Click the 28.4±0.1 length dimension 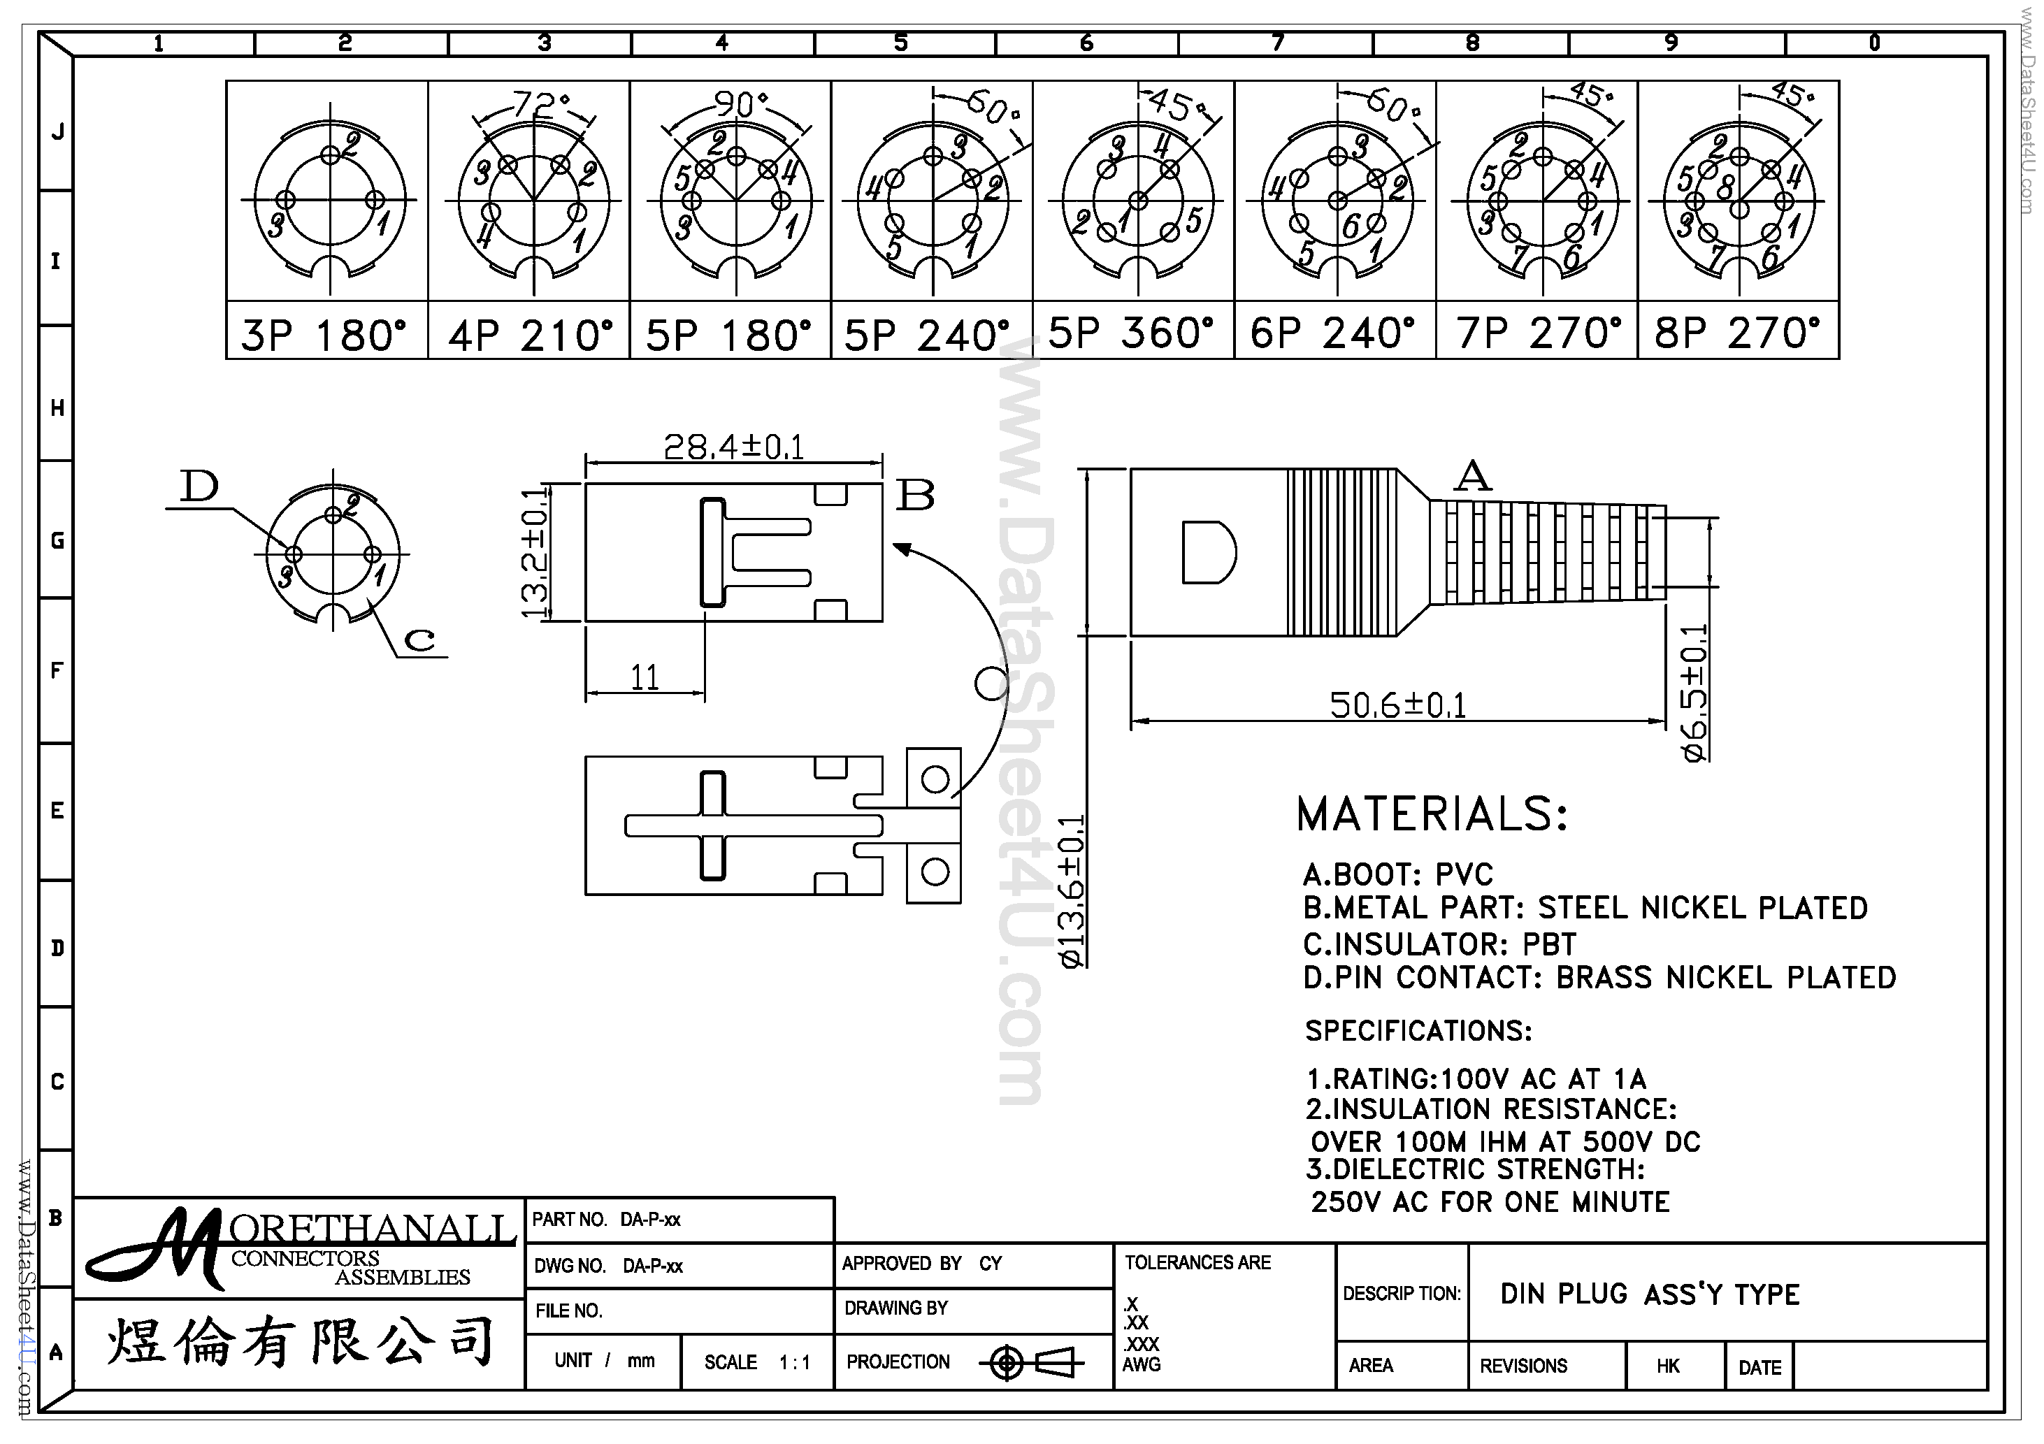pyautogui.click(x=733, y=447)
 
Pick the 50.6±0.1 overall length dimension pyautogui.click(x=1397, y=705)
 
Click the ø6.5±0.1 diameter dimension pyautogui.click(x=1695, y=693)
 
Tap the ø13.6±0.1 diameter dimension pyautogui.click(x=1071, y=890)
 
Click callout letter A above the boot pyautogui.click(x=1472, y=476)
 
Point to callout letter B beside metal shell pyautogui.click(x=915, y=495)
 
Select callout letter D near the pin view pyautogui.click(x=199, y=486)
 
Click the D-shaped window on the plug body pyautogui.click(x=1207, y=552)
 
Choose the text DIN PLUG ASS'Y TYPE pyautogui.click(x=1650, y=1294)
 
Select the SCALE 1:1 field pyautogui.click(x=756, y=1362)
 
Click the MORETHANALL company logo pyautogui.click(x=300, y=1249)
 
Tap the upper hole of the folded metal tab pyautogui.click(x=934, y=780)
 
